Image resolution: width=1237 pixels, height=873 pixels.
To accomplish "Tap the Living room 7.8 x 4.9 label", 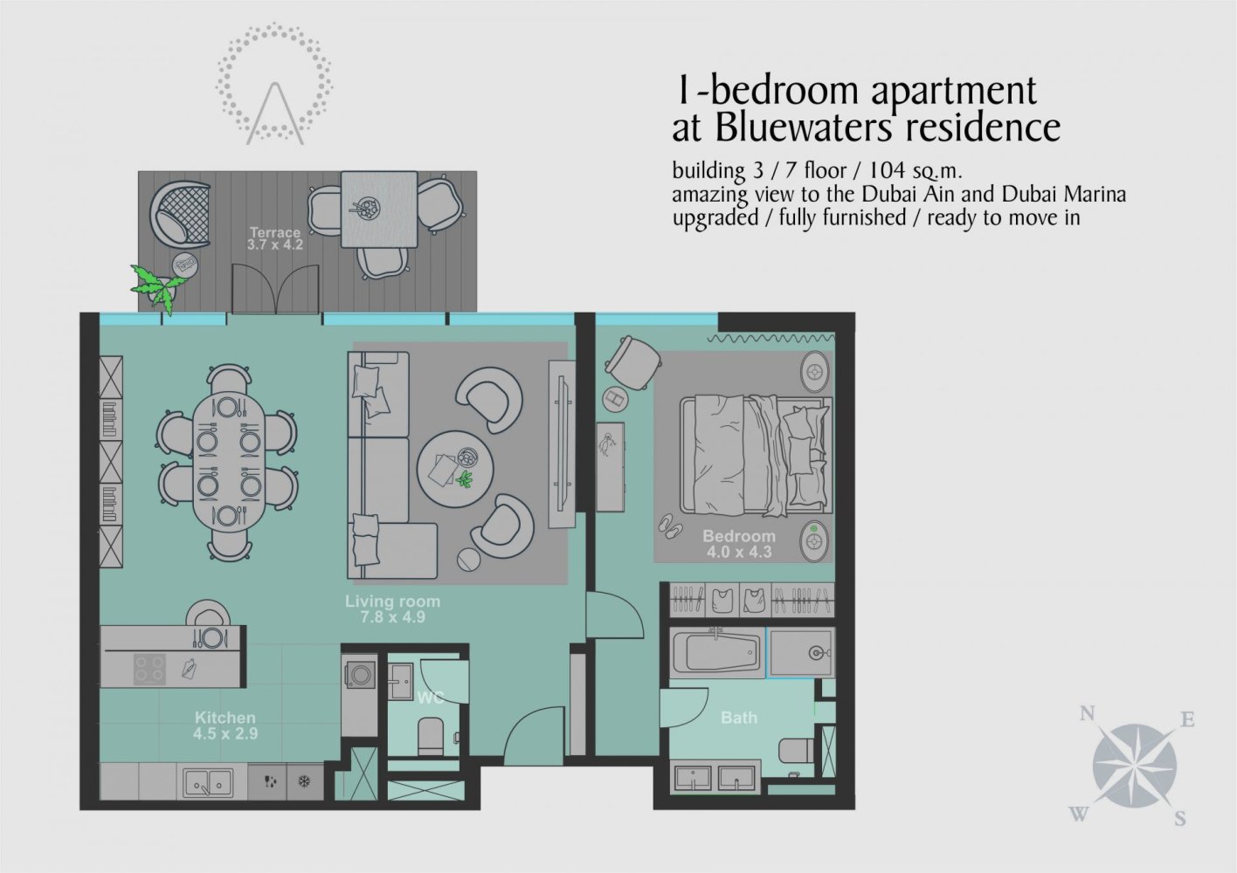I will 392,608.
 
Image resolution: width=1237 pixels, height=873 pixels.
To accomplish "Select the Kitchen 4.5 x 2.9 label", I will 225,725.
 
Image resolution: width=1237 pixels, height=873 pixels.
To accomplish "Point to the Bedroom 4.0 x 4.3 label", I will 738,544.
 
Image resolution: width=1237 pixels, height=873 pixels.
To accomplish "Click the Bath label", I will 738,718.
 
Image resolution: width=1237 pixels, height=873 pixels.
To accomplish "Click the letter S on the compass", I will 1179,819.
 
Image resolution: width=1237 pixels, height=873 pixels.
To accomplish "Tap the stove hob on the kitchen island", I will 149,669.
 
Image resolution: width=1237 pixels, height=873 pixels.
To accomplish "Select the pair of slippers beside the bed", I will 670,523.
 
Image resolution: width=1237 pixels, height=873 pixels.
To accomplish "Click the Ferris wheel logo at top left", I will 275,86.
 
